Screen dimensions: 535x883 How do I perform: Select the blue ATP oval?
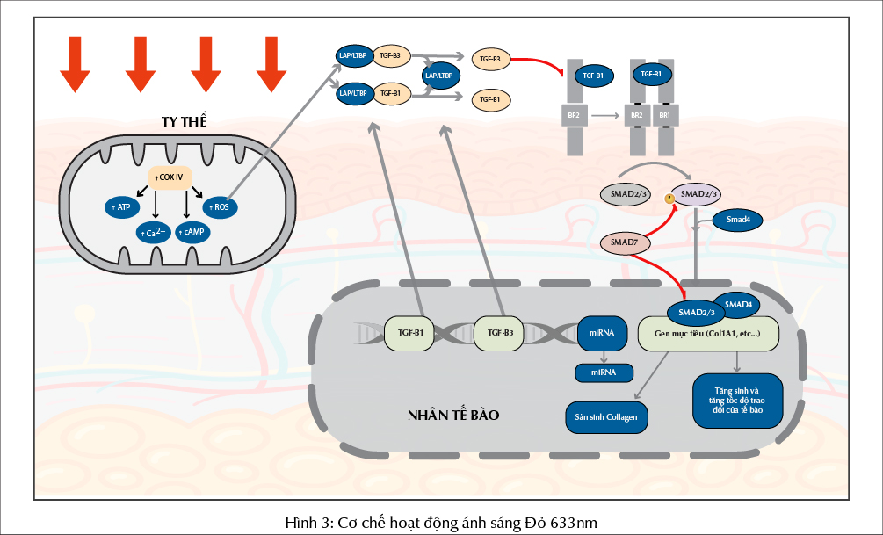(119, 207)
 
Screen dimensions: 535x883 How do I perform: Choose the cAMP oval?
(192, 231)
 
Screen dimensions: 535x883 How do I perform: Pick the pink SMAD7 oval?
(624, 242)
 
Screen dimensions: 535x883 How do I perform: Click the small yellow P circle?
(669, 199)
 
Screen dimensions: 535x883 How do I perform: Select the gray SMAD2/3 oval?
(624, 194)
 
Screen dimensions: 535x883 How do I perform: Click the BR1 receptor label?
(665, 115)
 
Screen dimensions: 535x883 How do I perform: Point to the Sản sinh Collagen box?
(607, 416)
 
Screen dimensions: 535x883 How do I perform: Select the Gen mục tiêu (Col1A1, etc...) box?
(710, 334)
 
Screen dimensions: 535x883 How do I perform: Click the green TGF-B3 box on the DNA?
(500, 333)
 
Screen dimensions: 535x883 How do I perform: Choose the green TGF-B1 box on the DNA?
(409, 333)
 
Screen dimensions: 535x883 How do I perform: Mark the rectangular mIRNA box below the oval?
(603, 372)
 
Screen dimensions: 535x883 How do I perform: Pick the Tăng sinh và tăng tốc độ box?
(736, 400)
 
